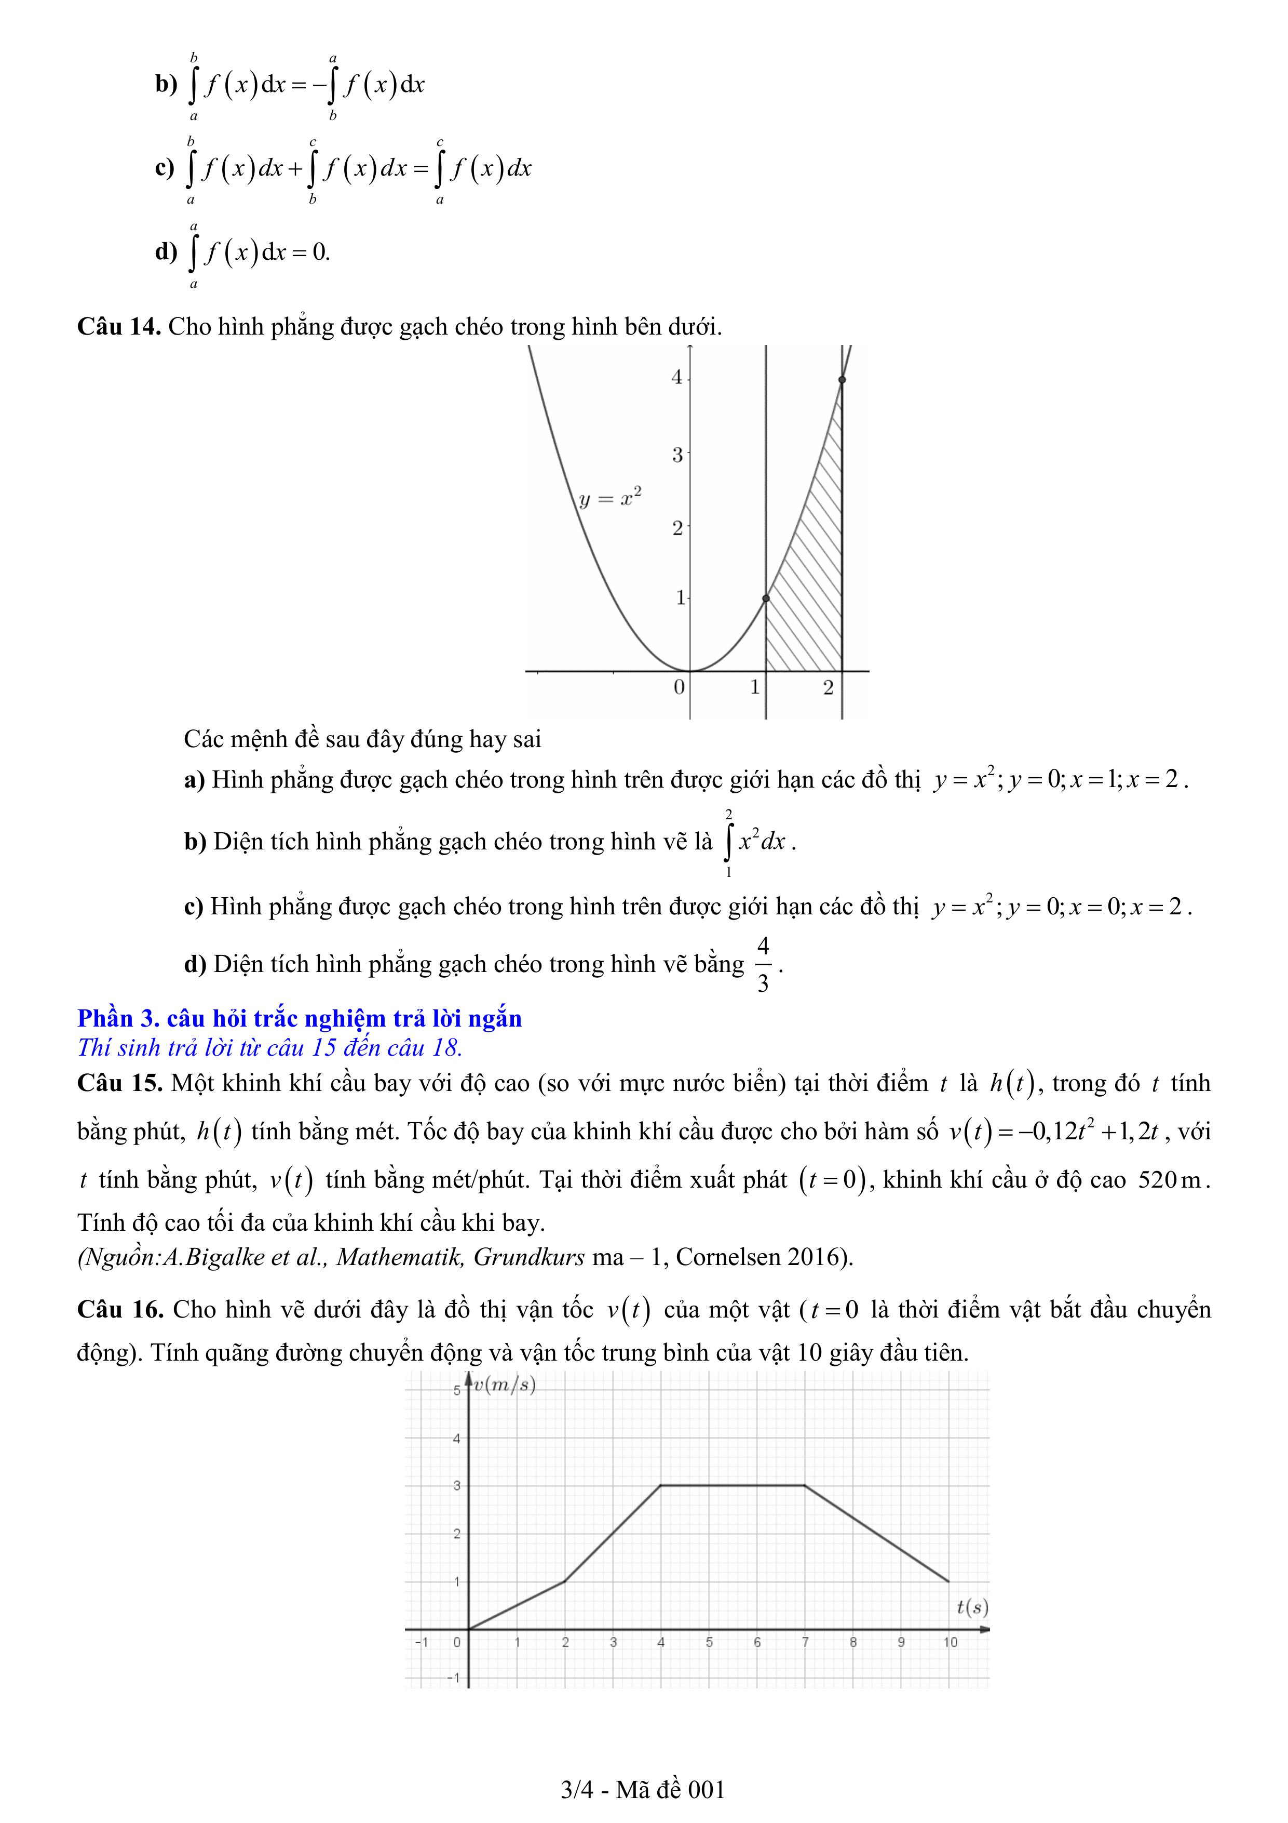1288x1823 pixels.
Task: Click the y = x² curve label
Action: [x=608, y=498]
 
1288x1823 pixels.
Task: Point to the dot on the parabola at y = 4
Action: [x=842, y=380]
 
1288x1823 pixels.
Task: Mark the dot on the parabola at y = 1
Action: [x=766, y=598]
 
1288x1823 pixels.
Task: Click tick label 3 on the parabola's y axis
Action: [x=677, y=455]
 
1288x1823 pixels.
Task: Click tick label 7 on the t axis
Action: [x=805, y=1642]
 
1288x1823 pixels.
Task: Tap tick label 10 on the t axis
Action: [x=950, y=1642]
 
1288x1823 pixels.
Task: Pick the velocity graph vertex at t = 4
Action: [x=661, y=1485]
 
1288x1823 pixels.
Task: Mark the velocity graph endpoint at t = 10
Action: [x=948, y=1581]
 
